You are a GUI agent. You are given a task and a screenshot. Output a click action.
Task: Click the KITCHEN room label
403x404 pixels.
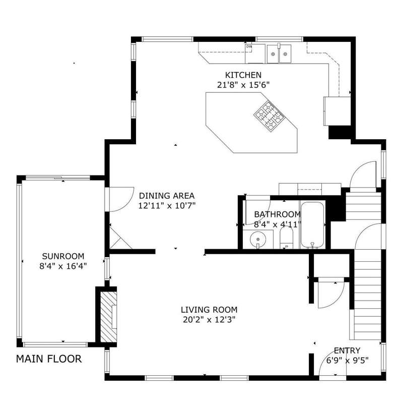point(243,75)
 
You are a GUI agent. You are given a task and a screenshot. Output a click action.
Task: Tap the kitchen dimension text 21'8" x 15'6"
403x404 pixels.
point(243,85)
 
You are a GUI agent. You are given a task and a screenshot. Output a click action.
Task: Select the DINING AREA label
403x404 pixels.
point(167,196)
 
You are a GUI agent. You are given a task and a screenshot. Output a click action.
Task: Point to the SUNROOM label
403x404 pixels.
point(63,256)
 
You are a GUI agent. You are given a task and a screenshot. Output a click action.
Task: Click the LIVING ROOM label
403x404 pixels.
point(209,310)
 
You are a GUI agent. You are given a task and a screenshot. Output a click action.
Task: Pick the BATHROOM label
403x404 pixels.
point(278,214)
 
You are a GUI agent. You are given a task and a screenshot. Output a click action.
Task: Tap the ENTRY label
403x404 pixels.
point(347,351)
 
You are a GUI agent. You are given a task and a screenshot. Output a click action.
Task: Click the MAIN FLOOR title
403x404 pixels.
point(49,359)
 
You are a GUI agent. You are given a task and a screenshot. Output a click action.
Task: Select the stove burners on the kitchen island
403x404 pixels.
point(269,116)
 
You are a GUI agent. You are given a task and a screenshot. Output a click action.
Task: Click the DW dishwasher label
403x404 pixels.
point(249,46)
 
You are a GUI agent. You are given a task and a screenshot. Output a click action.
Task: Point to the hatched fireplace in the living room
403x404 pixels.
point(108,317)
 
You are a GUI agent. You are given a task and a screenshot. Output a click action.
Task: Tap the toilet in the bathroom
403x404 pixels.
point(286,239)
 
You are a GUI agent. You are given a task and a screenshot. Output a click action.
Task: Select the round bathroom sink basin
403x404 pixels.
point(258,240)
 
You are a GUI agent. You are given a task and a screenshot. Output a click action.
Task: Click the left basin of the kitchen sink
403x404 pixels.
point(273,54)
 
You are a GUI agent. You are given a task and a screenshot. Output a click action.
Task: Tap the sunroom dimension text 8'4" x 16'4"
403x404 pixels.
point(63,266)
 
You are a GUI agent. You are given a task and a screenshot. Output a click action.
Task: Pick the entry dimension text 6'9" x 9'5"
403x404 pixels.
point(348,360)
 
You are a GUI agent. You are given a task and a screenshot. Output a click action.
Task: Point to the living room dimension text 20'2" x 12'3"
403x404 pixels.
point(209,320)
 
